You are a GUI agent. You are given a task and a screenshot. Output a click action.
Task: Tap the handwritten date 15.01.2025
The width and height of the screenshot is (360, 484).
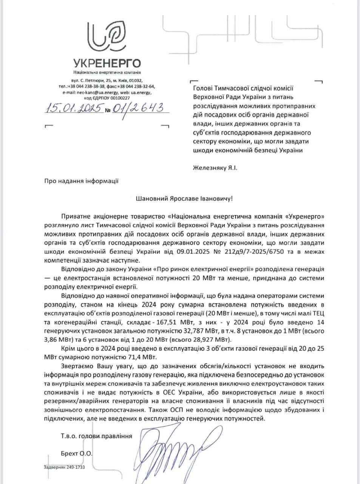pos(73,109)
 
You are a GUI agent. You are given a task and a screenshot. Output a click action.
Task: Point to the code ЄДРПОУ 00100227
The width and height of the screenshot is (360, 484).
pos(112,97)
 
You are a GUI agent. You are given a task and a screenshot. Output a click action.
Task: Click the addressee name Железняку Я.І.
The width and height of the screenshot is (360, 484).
pos(215,167)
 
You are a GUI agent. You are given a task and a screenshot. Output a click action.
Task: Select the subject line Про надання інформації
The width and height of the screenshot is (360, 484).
pos(81,181)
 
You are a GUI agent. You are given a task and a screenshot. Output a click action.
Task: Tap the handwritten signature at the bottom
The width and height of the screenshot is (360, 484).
pos(172,442)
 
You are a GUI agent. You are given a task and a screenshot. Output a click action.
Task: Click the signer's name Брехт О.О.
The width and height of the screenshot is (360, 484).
pos(76,453)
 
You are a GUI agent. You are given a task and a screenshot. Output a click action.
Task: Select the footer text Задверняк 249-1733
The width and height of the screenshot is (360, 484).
pos(64,467)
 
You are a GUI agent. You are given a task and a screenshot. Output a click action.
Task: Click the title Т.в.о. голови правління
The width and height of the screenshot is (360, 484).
pos(96,436)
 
